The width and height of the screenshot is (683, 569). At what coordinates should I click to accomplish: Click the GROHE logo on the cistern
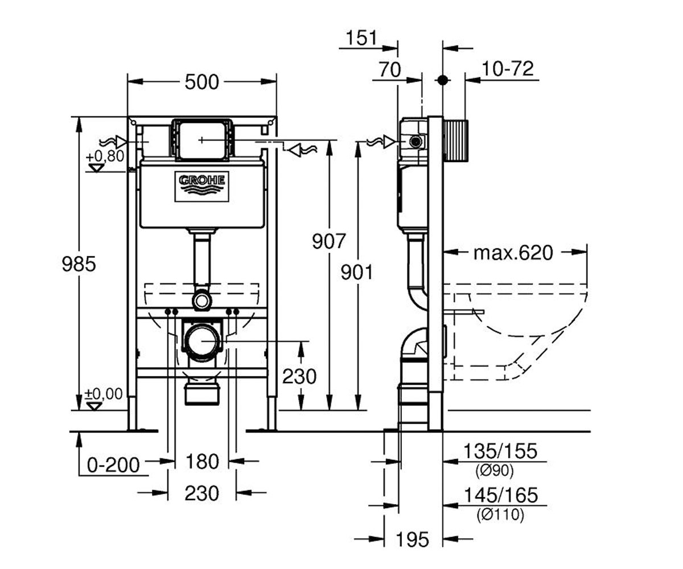tap(201, 186)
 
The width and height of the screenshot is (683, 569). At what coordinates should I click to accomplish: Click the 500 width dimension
tap(202, 82)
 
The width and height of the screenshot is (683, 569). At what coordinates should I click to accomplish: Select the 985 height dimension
tap(79, 264)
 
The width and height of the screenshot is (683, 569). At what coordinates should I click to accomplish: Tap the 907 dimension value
tap(328, 241)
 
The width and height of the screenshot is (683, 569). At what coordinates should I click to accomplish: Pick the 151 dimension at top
tap(361, 38)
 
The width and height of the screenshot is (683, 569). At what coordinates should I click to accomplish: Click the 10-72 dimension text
tap(508, 69)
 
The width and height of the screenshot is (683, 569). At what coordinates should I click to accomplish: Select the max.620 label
tap(513, 253)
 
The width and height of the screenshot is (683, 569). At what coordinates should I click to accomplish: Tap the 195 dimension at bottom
tap(412, 539)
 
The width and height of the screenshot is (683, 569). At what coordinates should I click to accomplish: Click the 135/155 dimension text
tap(500, 451)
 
